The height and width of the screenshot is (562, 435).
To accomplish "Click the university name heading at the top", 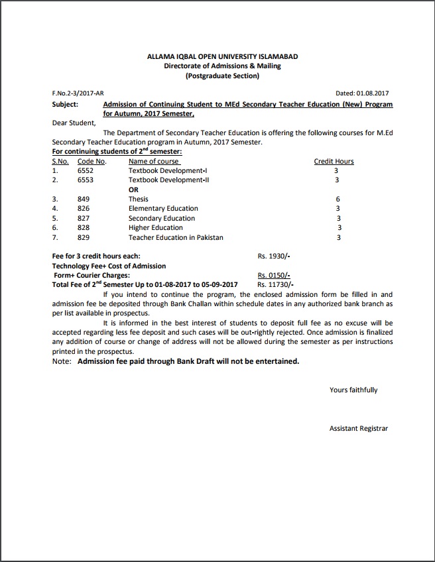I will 222,56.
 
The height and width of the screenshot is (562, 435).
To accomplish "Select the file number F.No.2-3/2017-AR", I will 78,93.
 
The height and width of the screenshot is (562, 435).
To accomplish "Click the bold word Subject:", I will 65,104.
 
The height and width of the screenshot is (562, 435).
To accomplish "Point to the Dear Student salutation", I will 74,123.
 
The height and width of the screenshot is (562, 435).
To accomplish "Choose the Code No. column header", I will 92,161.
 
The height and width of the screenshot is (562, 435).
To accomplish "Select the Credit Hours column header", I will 334,161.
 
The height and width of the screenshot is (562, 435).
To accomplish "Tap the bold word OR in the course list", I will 133,190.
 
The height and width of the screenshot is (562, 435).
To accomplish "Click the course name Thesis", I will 139,199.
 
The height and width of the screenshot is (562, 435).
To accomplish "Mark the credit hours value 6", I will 338,199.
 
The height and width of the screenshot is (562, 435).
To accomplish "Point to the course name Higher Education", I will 156,227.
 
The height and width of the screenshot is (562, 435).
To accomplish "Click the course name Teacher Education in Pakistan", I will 176,237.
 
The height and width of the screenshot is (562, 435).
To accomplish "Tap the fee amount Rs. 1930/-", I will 274,255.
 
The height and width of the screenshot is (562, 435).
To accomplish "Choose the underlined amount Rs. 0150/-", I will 274,275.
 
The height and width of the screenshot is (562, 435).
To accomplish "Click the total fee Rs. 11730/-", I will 275,284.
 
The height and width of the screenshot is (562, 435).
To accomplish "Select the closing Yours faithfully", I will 353,390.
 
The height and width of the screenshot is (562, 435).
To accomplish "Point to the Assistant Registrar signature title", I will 359,429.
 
